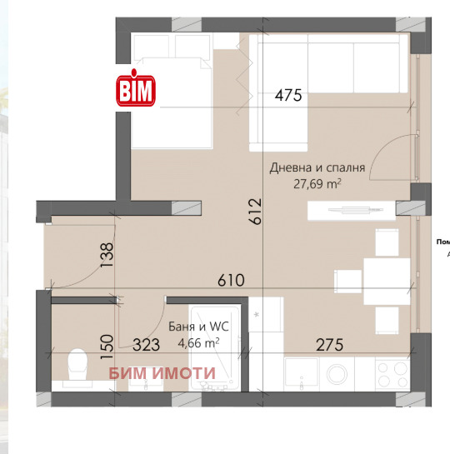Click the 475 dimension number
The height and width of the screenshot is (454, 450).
(x=287, y=95)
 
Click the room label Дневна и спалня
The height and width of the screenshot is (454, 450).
(x=317, y=167)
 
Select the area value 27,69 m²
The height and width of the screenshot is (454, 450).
(x=317, y=183)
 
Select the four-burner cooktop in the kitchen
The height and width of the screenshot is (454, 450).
(x=392, y=372)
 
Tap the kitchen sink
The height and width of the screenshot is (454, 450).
(x=301, y=372)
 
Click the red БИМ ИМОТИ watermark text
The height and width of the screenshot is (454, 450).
(x=162, y=373)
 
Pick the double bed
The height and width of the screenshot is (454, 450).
(x=172, y=92)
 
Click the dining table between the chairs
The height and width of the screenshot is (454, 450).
(x=387, y=277)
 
